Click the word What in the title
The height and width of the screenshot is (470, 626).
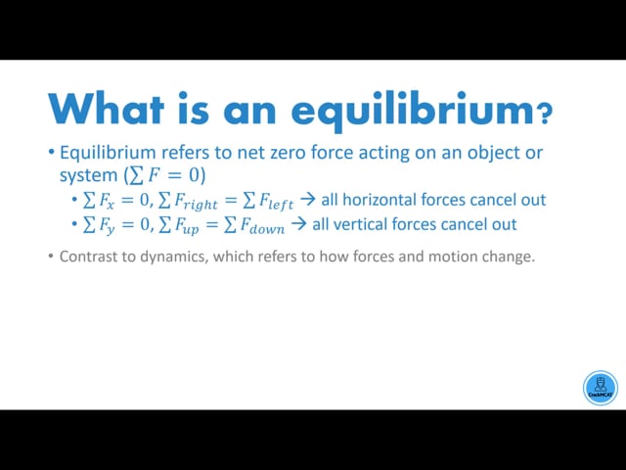(107, 109)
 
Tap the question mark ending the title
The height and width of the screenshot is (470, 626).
(545, 114)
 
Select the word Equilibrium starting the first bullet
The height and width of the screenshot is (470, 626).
(108, 153)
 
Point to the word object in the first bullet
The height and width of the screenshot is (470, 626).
(493, 154)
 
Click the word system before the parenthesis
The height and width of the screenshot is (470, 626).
(88, 176)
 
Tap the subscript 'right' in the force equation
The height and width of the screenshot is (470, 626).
(201, 204)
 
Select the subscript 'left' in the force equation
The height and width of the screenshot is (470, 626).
(281, 204)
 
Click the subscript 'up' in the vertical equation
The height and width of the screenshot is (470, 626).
(191, 229)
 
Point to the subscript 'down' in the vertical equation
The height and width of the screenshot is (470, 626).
(267, 228)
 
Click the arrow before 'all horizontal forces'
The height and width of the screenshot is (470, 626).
(308, 200)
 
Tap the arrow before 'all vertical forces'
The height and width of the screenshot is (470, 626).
(298, 224)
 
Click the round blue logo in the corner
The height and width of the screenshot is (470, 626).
(600, 388)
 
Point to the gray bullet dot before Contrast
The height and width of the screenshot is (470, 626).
(50, 256)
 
